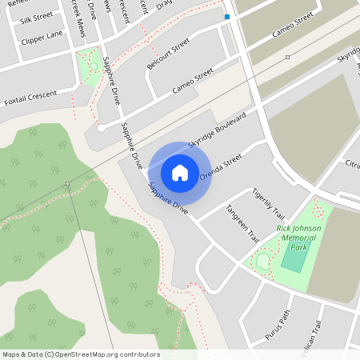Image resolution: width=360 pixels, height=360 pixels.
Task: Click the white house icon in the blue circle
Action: pyautogui.click(x=180, y=172)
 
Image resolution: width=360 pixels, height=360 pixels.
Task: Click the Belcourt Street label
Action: pyautogui.click(x=168, y=52)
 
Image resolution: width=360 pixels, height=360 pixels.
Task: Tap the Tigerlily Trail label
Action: pyautogui.click(x=268, y=204)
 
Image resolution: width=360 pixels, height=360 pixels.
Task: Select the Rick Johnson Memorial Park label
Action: pyautogui.click(x=298, y=238)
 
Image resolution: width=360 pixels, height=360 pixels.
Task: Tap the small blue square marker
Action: pyautogui.click(x=227, y=17)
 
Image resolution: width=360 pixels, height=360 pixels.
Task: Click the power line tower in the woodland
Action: pyautogui.click(x=68, y=185)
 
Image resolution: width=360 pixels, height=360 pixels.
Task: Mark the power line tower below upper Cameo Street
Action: pyautogui.click(x=288, y=57)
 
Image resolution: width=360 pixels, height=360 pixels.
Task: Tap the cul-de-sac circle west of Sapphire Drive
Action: pyautogui.click(x=102, y=127)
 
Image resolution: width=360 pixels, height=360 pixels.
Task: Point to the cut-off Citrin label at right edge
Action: pyautogui.click(x=352, y=165)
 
